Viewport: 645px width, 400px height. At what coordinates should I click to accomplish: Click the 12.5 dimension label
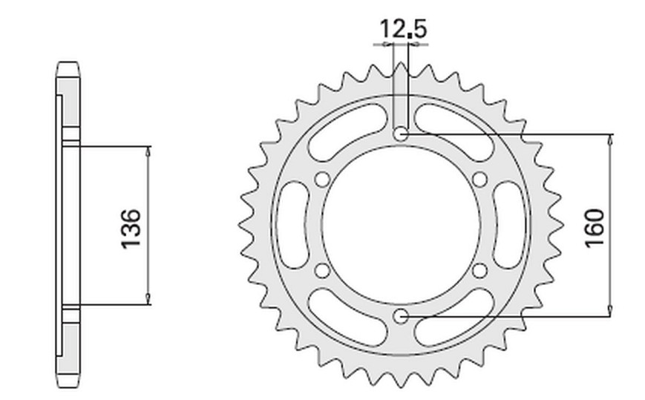pos(403,29)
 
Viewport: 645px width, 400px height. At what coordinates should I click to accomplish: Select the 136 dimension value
pos(131,229)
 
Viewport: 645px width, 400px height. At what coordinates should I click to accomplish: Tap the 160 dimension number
pos(595,228)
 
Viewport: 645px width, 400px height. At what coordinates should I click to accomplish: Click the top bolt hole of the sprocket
pos(401,134)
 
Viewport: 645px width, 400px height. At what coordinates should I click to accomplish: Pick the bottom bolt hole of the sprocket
pos(401,317)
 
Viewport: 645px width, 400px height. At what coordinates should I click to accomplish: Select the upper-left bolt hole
pos(322,180)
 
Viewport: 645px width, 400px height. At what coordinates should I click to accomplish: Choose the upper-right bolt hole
pos(479,180)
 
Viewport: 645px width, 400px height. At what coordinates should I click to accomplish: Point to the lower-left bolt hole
pos(322,271)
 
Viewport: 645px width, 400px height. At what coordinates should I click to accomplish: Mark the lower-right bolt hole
pos(479,271)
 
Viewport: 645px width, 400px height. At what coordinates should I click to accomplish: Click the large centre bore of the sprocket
pos(401,226)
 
